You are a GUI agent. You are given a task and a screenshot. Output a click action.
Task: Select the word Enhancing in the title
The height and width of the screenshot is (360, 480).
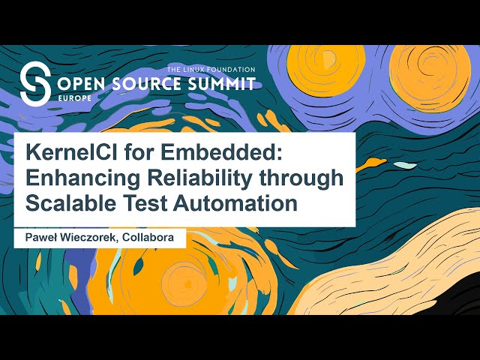80,177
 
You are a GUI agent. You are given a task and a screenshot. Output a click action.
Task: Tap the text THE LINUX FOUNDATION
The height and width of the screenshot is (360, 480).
211,69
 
